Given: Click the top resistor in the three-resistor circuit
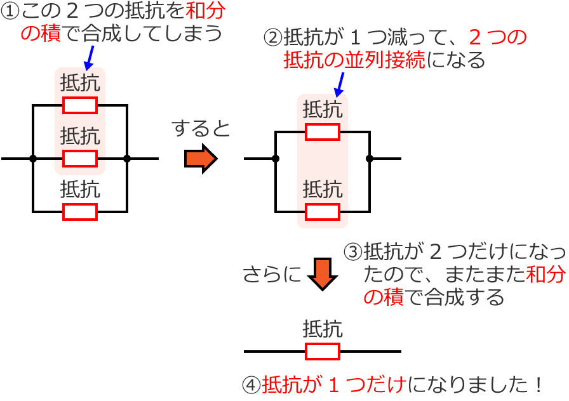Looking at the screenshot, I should tap(80, 105).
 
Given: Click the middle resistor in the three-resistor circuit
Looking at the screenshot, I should tap(80, 158).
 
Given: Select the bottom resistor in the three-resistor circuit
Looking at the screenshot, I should tap(80, 212).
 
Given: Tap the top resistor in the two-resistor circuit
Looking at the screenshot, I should tap(323, 132).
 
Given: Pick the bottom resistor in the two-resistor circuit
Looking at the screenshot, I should tap(323, 211).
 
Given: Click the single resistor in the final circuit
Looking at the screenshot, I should tap(323, 352).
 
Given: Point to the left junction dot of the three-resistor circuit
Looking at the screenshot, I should tap(33, 158).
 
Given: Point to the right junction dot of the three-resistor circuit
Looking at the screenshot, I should tap(127, 158).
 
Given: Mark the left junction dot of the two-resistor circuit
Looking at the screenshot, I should tap(275, 159).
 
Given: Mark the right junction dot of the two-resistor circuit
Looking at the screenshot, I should tap(370, 159).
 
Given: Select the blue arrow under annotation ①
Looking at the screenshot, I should tap(90, 57).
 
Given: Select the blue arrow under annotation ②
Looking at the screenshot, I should tap(339, 84).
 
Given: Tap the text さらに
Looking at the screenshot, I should tap(272, 274).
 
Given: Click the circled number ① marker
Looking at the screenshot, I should tap(11, 12).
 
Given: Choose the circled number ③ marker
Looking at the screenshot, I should tap(352, 253).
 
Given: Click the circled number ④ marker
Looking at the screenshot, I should tap(252, 385).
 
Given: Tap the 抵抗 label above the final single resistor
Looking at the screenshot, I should tap(323, 329).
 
